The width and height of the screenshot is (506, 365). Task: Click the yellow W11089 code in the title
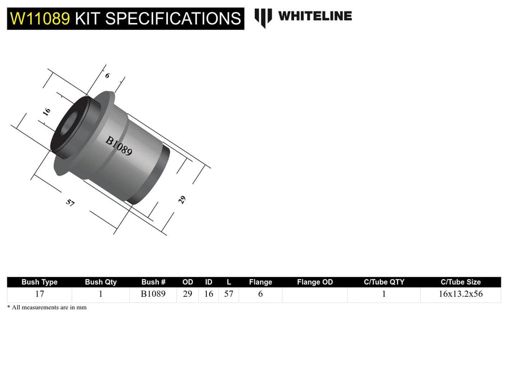(40, 19)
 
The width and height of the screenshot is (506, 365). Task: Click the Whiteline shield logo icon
(263, 17)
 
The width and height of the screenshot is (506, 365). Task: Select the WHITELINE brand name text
(315, 16)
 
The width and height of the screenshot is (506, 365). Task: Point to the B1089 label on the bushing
(119, 147)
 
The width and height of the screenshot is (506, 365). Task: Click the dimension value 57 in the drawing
(70, 203)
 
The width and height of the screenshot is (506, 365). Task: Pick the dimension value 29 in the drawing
(182, 199)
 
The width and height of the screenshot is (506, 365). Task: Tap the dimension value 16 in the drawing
(46, 112)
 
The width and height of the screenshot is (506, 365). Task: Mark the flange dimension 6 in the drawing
(107, 76)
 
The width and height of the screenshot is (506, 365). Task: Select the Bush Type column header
(40, 282)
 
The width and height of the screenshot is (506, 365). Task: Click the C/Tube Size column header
(461, 282)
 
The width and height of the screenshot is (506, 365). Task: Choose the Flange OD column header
(315, 282)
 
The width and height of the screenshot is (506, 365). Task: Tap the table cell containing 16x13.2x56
(461, 294)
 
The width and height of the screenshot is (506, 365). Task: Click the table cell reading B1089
(153, 294)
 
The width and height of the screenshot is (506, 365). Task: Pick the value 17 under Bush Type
(40, 294)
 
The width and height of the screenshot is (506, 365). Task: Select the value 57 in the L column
(228, 294)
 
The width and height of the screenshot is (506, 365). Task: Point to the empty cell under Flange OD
(315, 295)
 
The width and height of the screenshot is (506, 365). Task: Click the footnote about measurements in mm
(47, 308)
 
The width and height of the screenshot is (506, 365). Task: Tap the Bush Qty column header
(101, 282)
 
